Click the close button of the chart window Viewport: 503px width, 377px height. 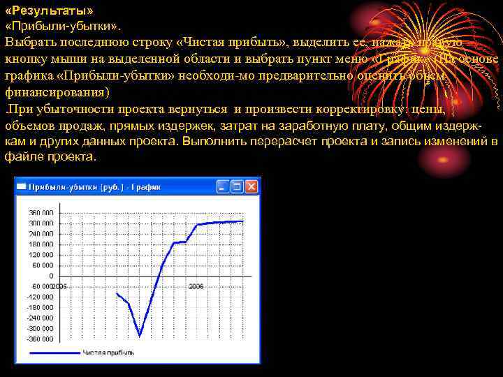coord(251,186)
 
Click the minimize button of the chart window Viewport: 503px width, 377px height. coord(223,186)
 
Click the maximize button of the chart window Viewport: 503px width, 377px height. coord(237,186)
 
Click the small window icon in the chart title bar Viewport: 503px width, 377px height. coord(22,186)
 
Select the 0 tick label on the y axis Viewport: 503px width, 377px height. coord(51,276)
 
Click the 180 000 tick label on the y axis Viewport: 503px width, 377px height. coord(41,244)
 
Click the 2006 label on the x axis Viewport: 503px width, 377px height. coord(196,286)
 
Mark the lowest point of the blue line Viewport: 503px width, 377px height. coord(140,336)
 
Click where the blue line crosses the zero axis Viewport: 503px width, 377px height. coord(157,276)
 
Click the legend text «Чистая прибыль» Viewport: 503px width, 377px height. coord(108,353)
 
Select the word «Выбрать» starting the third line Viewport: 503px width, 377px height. coord(29,43)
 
